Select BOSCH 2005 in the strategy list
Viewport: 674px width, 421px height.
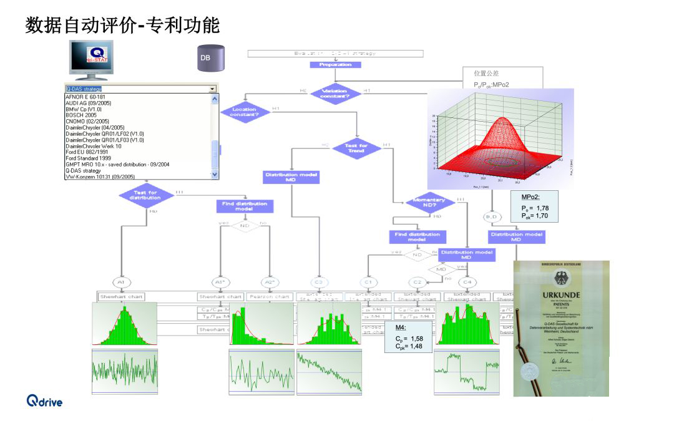click(x=81, y=115)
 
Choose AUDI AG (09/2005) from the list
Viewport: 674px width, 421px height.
click(x=88, y=103)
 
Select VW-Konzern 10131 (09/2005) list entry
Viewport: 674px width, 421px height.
click(x=100, y=177)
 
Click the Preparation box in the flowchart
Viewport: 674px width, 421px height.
click(x=335, y=64)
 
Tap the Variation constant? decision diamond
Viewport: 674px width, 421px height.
click(x=335, y=93)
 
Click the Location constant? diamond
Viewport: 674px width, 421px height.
click(x=244, y=112)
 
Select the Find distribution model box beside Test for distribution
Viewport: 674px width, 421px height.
click(x=244, y=206)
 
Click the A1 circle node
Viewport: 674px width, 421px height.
click(x=121, y=282)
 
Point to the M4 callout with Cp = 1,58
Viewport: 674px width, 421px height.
click(x=409, y=337)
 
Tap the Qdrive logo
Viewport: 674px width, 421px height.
click(x=44, y=401)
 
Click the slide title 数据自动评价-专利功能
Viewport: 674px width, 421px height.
click(x=122, y=25)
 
